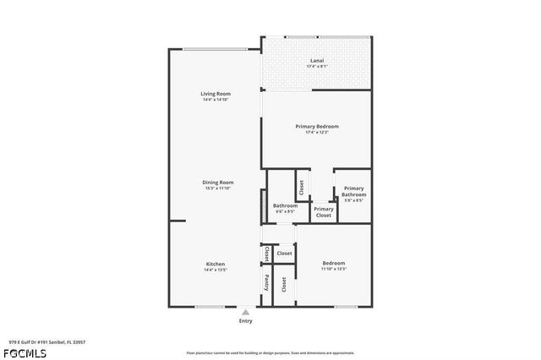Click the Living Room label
[x=216, y=94]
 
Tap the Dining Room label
[x=217, y=182]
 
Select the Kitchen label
[x=216, y=265]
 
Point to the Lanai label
[x=317, y=60]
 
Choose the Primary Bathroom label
[x=353, y=192]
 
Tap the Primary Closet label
[x=324, y=212]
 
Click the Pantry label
[x=267, y=281]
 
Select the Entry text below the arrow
[x=246, y=321]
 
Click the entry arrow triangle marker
[x=246, y=312]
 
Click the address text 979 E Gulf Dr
[x=47, y=342]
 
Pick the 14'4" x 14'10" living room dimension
[x=216, y=100]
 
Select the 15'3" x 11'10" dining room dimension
[x=217, y=188]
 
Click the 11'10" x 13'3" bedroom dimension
[x=333, y=269]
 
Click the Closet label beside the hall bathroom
[x=301, y=185]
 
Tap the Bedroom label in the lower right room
[x=333, y=263]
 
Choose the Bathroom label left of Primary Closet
[x=285, y=205]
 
